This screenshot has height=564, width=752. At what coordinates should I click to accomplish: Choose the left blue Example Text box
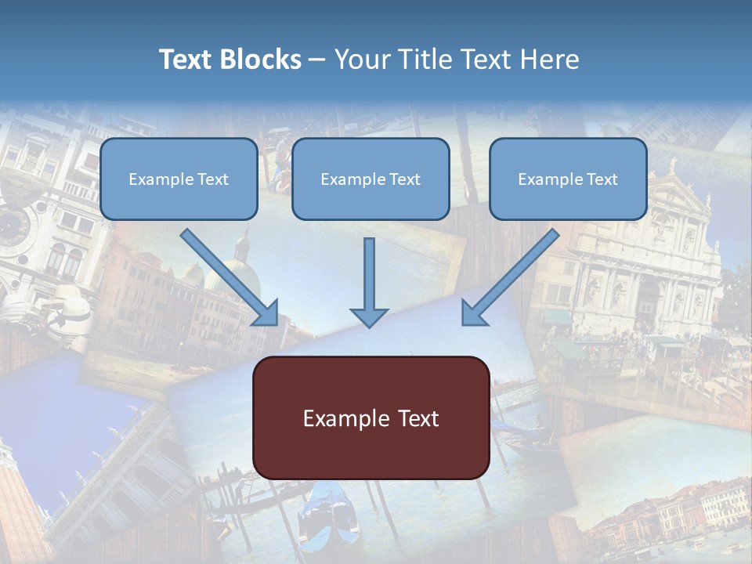tap(179, 179)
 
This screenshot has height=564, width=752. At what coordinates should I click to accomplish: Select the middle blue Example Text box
tap(371, 179)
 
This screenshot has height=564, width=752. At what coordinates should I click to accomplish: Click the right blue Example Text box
tap(568, 179)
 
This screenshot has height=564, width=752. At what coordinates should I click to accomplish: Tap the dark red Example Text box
tap(371, 418)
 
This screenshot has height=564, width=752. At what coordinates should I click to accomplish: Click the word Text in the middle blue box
tap(404, 179)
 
